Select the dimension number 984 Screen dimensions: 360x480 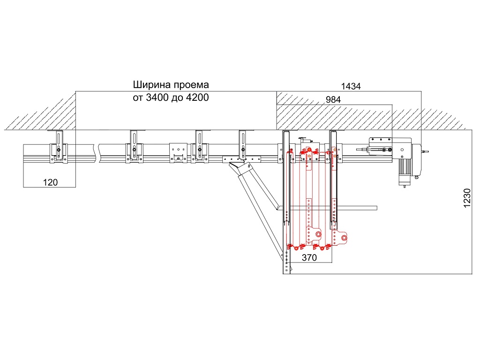pyautogui.click(x=330, y=99)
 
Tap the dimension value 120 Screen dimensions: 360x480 pyautogui.click(x=50, y=182)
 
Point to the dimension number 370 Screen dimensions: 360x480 pyautogui.click(x=309, y=257)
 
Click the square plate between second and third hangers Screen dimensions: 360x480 pyautogui.click(x=178, y=152)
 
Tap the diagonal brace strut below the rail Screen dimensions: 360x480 pyautogui.click(x=258, y=202)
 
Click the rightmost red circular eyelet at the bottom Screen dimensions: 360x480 pyautogui.click(x=344, y=239)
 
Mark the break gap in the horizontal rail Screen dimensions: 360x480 pyautogui.click(x=96, y=153)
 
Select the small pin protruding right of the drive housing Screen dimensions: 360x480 pyautogui.click(x=425, y=151)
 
